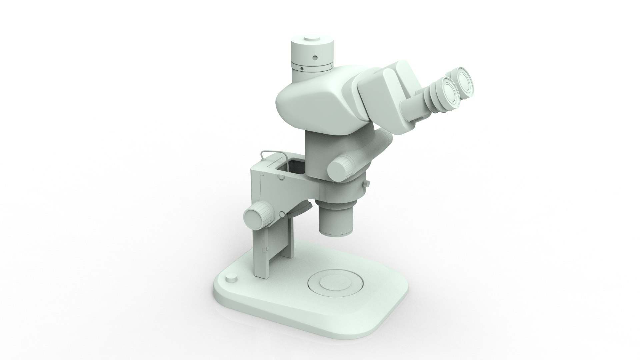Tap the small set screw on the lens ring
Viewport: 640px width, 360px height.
pos(368,184)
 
